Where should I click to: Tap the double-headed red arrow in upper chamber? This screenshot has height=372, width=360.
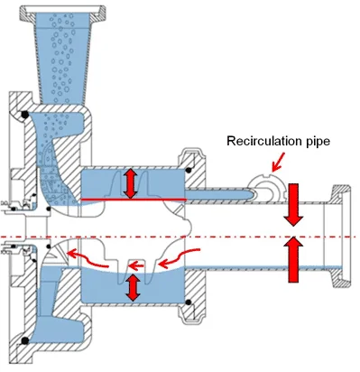(x=132, y=182)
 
